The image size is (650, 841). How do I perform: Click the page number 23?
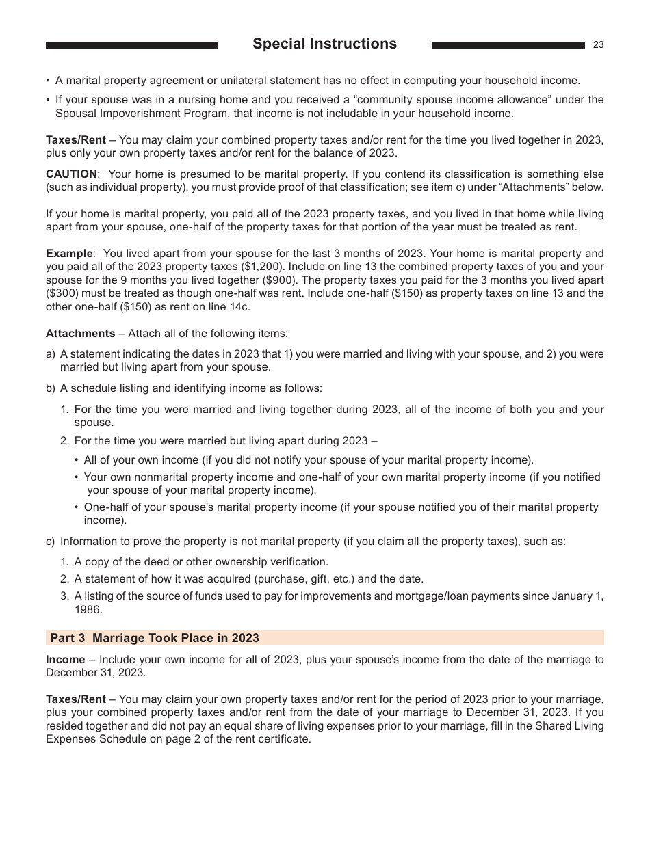coord(598,45)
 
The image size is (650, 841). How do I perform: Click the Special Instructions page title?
coord(324,44)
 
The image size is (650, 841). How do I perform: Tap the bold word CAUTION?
coord(71,174)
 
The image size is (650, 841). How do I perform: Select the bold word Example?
coord(68,254)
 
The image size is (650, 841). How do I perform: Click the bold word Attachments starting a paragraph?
coord(80,334)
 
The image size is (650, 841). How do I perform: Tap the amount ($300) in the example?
coord(66,294)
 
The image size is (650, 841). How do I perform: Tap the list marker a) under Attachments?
coord(50,354)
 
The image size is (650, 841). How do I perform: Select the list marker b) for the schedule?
coord(50,388)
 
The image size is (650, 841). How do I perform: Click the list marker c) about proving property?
coord(50,542)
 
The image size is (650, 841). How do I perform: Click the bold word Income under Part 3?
coord(65,660)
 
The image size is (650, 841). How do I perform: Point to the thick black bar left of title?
coord(131,45)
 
